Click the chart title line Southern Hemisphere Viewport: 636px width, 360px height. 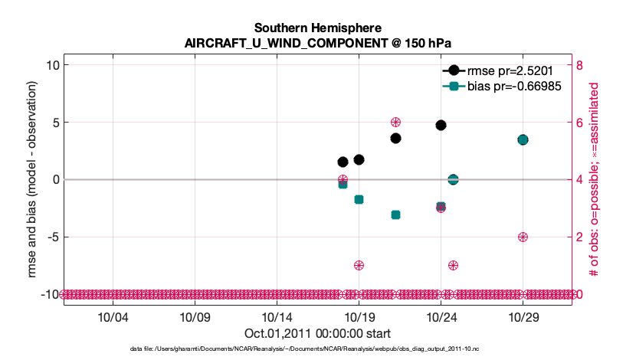(317, 28)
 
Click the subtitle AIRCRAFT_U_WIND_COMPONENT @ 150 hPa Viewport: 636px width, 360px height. (317, 43)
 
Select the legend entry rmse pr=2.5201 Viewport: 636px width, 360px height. (504, 70)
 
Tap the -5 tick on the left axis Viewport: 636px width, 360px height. (52, 237)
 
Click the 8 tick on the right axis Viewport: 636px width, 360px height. (579, 65)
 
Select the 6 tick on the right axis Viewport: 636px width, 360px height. (579, 123)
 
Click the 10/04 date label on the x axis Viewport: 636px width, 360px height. (113, 316)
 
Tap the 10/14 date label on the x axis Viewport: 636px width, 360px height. (277, 316)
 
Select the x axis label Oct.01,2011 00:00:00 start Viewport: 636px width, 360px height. (317, 332)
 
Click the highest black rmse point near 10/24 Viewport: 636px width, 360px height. (441, 125)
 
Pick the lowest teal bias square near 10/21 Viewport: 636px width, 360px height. (395, 214)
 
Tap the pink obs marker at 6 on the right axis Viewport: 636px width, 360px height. (395, 123)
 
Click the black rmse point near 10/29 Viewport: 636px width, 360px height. (523, 139)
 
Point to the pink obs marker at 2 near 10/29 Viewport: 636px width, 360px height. (523, 237)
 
